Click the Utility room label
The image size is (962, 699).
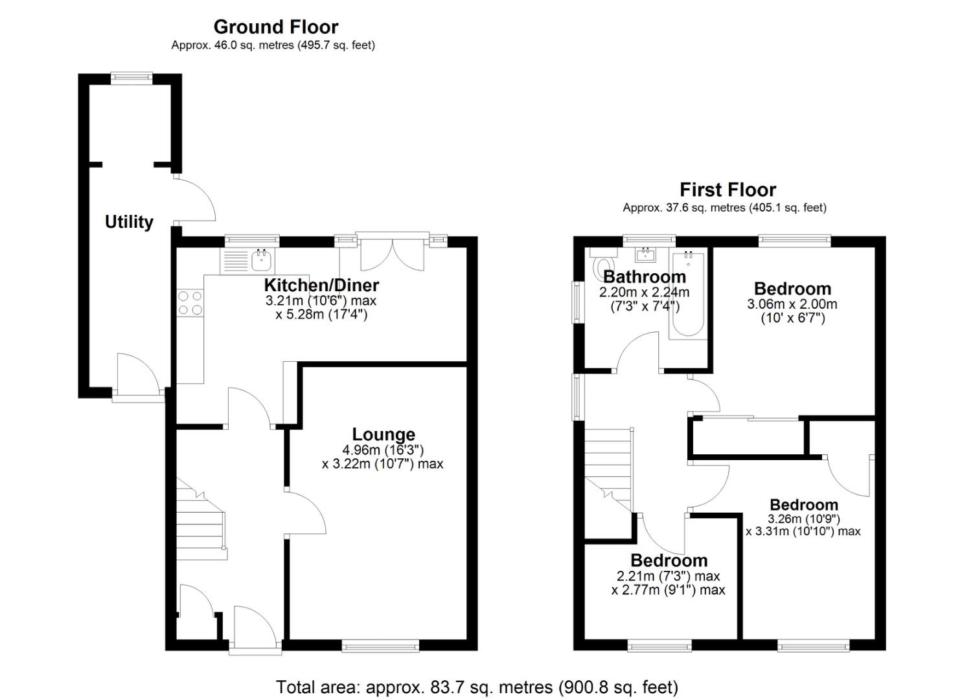click(x=129, y=222)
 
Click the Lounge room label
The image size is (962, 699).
click(x=383, y=434)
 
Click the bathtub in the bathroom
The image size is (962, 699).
click(x=688, y=294)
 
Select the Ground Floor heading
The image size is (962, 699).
click(x=275, y=27)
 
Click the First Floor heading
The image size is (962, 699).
click(x=727, y=190)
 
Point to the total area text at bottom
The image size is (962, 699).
click(x=477, y=687)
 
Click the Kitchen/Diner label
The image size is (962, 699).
click(x=321, y=285)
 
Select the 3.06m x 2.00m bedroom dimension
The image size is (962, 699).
click(x=792, y=304)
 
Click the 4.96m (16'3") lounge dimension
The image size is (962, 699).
click(x=383, y=450)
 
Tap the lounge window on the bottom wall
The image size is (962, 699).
click(x=380, y=645)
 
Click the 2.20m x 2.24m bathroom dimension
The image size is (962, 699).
click(x=644, y=293)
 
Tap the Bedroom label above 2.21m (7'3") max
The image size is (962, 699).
click(x=669, y=560)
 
